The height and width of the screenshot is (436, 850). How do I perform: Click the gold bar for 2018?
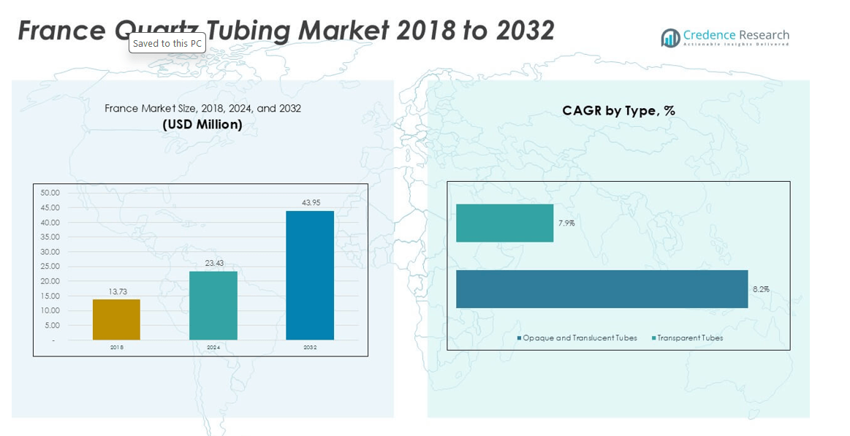[116, 319]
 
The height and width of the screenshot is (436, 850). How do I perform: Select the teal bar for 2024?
[213, 305]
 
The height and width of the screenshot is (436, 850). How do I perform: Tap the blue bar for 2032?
[310, 275]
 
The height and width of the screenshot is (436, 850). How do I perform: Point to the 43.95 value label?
[311, 202]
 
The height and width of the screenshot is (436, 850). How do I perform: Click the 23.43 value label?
[214, 263]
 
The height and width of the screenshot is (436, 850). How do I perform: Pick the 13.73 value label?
[117, 291]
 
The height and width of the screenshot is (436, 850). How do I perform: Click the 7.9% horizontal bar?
[504, 223]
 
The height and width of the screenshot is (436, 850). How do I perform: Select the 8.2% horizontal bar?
[602, 289]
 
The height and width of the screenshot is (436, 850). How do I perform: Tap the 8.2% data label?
[760, 289]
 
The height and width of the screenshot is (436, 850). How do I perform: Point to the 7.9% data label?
[566, 223]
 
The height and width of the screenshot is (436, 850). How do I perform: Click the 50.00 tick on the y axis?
[50, 193]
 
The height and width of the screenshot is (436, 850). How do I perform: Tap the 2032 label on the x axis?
[310, 348]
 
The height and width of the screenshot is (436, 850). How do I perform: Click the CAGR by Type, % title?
[618, 110]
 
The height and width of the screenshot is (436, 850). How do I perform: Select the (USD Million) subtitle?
[202, 124]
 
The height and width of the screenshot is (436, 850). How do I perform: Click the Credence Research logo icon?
[670, 37]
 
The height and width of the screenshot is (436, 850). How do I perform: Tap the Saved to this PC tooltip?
[167, 44]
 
